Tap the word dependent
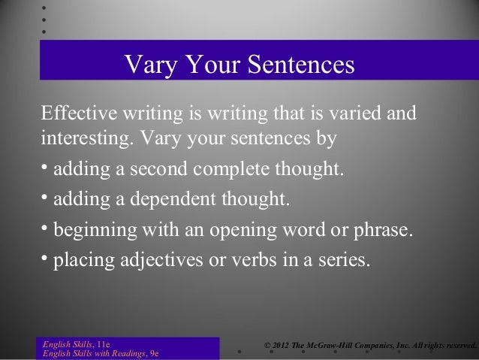point(177,201)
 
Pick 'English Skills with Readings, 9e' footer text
point(99,353)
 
